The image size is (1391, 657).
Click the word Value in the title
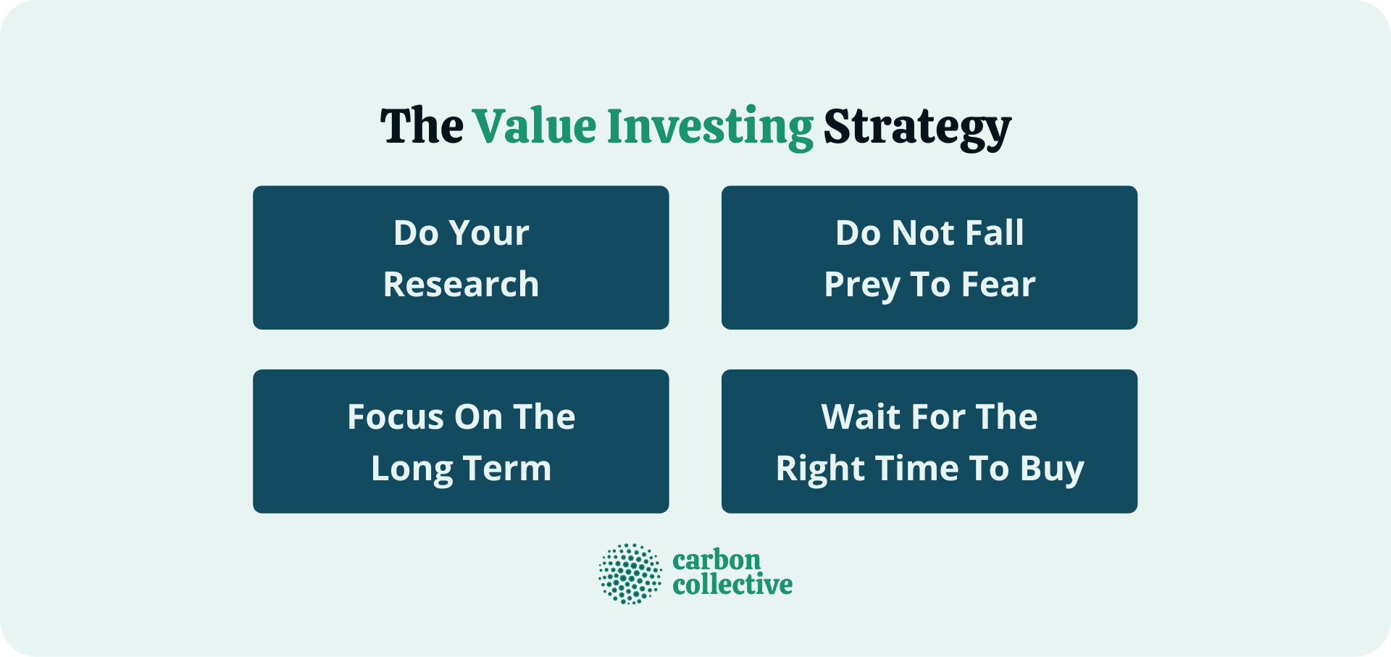point(535,127)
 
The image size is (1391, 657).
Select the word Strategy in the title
point(917,127)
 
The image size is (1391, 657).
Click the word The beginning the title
point(422,127)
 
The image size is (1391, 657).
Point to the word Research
point(461,284)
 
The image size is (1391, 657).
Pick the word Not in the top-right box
point(923,233)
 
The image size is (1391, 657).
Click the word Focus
point(395,417)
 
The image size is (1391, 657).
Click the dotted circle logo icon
point(630,574)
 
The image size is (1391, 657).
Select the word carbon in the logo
point(717,560)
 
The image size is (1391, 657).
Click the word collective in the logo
point(732,585)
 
